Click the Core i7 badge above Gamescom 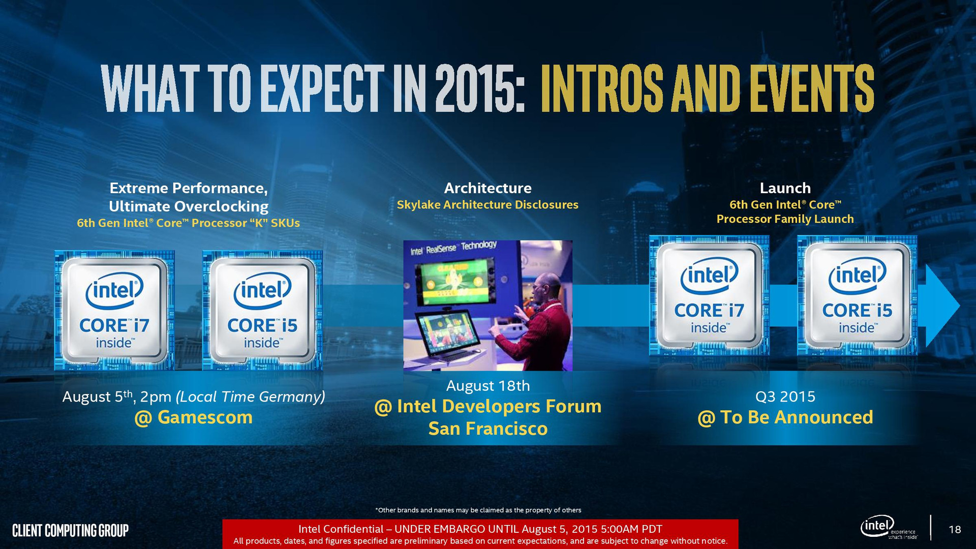[114, 311]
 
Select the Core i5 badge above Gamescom [262, 311]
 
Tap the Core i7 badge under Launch [709, 295]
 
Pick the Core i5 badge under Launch [857, 295]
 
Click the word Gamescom [205, 417]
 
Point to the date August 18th [488, 386]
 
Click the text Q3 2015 [785, 396]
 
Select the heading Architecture [488, 188]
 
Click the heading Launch [785, 188]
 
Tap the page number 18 [955, 530]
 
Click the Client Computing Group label [70, 531]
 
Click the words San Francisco [488, 429]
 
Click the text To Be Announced [797, 417]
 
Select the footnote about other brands [478, 510]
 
